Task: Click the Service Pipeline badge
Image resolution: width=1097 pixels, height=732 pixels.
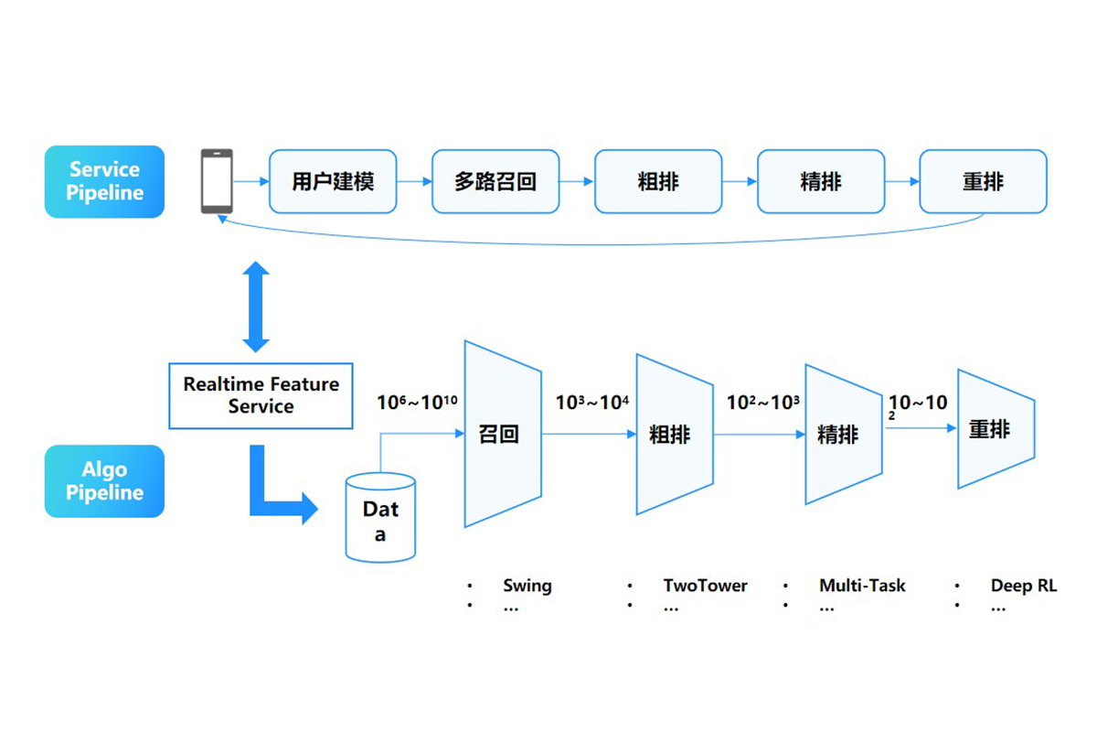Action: pos(104,181)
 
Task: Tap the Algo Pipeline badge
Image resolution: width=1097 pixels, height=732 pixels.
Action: pos(104,481)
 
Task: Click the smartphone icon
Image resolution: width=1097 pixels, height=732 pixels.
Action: pos(217,181)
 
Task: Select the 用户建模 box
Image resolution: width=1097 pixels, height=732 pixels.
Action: pos(333,181)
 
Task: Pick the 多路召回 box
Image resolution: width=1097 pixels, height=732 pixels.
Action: pos(495,181)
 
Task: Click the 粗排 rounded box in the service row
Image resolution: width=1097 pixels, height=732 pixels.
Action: pos(657,181)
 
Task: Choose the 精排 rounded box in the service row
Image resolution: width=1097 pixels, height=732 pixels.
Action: pos(820,181)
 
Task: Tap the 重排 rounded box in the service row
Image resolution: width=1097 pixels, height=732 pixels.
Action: pos(983,181)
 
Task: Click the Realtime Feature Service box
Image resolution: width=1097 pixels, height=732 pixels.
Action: pos(261,395)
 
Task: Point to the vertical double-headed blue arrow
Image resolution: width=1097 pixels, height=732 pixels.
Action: pos(256,307)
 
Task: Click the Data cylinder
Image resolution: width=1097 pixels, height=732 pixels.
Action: pos(380,517)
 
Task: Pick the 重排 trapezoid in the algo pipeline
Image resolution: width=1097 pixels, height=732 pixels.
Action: pos(993,428)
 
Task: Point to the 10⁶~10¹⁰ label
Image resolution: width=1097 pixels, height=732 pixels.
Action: pos(417,401)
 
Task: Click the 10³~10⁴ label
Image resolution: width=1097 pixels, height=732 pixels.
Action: pos(591,401)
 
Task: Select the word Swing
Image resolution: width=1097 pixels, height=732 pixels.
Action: pos(527,586)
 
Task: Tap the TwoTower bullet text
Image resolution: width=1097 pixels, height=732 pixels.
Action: pos(705,586)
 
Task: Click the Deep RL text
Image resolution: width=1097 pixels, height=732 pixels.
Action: pos(1023,586)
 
